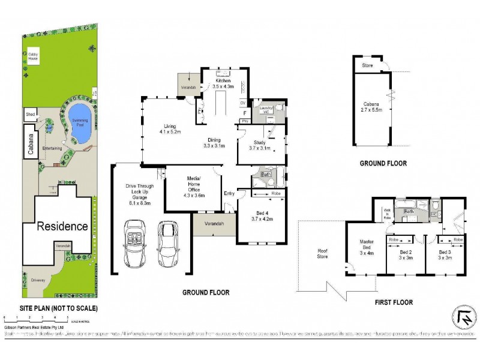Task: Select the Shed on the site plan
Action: tap(29, 113)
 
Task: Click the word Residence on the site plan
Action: tap(63, 226)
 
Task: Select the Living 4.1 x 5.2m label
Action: tap(170, 128)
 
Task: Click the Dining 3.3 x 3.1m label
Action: tap(213, 142)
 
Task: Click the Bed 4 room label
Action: tap(262, 216)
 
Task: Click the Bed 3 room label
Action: tap(445, 255)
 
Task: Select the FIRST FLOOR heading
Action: tap(394, 302)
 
